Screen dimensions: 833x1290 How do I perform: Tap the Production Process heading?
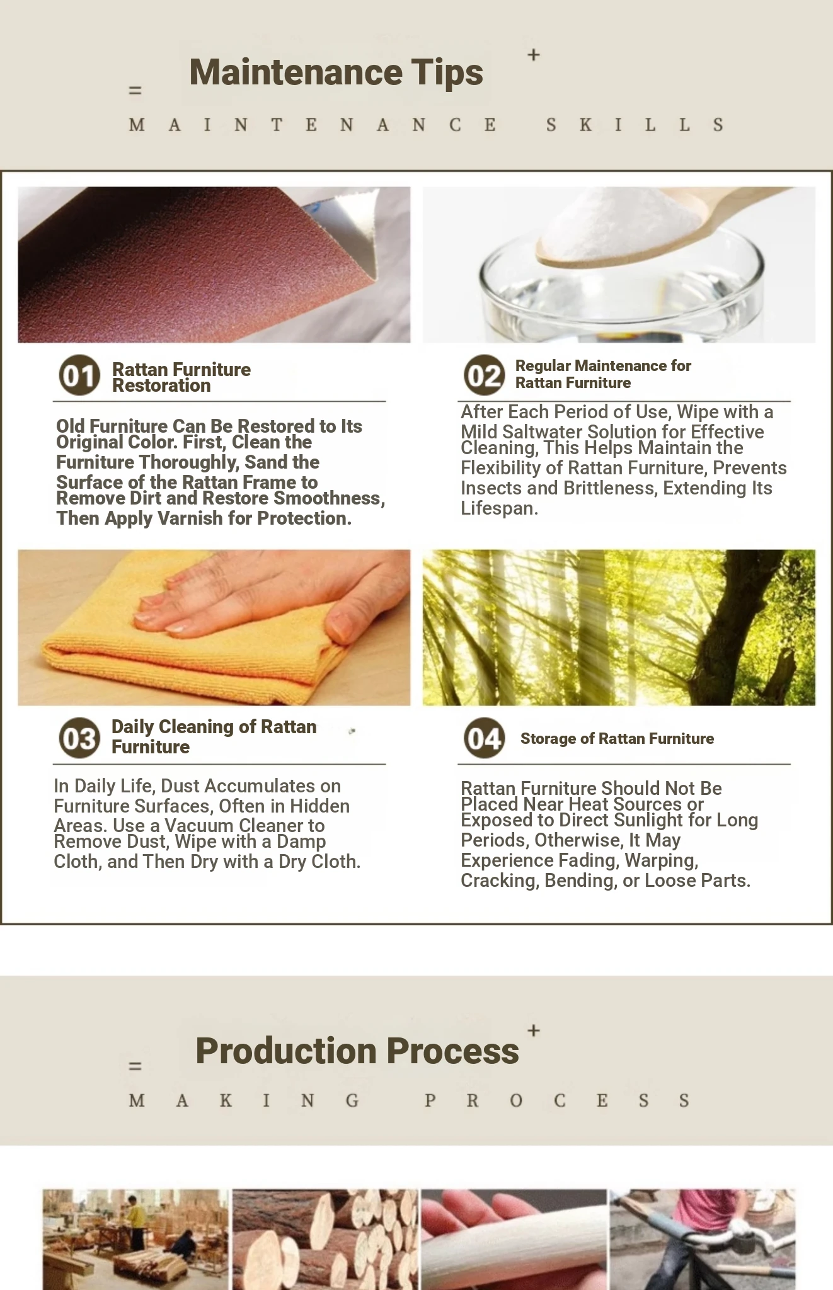click(x=357, y=1051)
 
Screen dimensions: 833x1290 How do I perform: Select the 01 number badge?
click(x=79, y=375)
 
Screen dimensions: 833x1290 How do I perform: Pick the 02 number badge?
click(x=485, y=375)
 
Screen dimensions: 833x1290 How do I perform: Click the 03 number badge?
click(x=79, y=738)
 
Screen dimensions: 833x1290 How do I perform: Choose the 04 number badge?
click(x=485, y=738)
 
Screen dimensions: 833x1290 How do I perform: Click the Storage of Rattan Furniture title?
click(x=617, y=739)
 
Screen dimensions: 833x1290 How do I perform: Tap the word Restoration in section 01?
click(x=161, y=385)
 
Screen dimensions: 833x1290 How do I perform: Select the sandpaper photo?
click(x=214, y=265)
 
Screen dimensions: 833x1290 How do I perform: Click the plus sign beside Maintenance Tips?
click(x=534, y=55)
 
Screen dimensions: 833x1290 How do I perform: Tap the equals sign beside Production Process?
click(x=135, y=1066)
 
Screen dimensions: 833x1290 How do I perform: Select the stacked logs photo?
click(x=325, y=1240)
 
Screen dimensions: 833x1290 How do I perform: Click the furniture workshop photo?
click(x=135, y=1240)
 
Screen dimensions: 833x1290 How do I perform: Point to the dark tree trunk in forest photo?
click(x=750, y=624)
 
